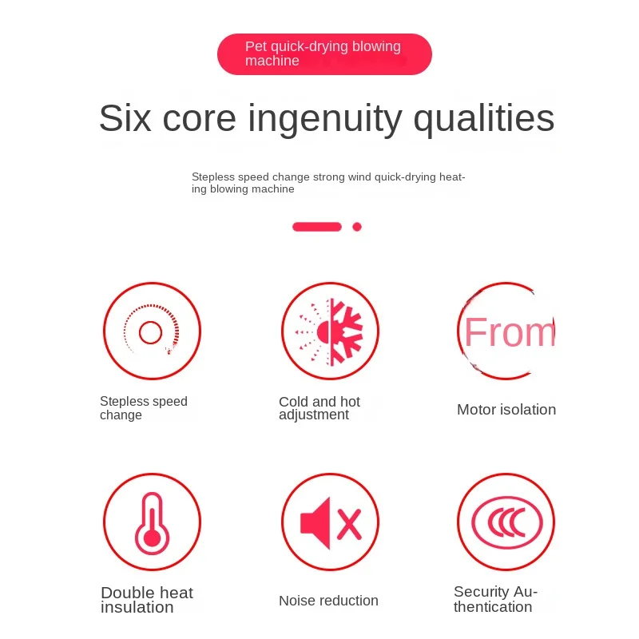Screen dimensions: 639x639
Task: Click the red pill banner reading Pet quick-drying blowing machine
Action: coord(324,54)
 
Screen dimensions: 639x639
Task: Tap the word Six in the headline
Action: coord(125,118)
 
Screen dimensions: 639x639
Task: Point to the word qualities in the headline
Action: coord(484,120)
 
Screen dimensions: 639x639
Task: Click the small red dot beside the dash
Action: coord(357,227)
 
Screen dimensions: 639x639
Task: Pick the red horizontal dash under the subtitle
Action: coord(317,227)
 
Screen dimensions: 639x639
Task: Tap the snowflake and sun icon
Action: coord(330,331)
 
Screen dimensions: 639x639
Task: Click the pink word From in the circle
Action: coord(510,332)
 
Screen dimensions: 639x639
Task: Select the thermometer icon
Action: coord(152,523)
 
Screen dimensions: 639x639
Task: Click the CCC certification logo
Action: coord(507,522)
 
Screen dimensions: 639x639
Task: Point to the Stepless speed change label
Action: coord(144,408)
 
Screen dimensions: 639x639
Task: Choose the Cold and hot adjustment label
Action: coord(319,408)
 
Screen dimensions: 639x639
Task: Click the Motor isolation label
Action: coord(506,410)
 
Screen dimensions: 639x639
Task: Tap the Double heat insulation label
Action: coord(147,600)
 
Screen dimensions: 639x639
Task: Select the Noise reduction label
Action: coord(328,601)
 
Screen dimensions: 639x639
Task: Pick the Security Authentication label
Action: coord(495,599)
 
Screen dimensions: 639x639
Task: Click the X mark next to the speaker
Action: coord(349,525)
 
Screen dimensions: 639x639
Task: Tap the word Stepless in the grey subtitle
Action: coord(213,177)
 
